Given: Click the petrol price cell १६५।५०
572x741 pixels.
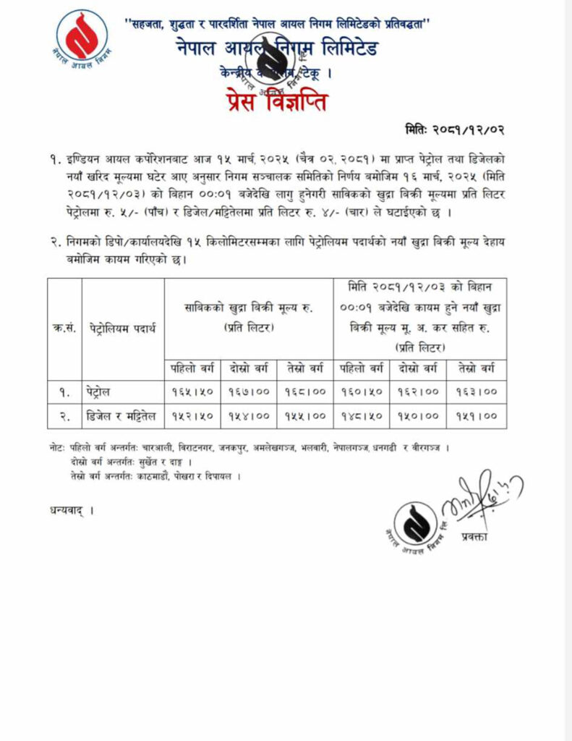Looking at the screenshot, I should tap(192, 391).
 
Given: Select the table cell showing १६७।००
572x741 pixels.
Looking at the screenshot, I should tap(249, 391).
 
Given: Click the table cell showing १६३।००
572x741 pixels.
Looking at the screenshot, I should tap(476, 391).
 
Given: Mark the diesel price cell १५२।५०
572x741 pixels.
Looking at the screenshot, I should tap(192, 416).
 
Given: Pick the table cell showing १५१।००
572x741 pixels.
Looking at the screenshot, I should tap(476, 416).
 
